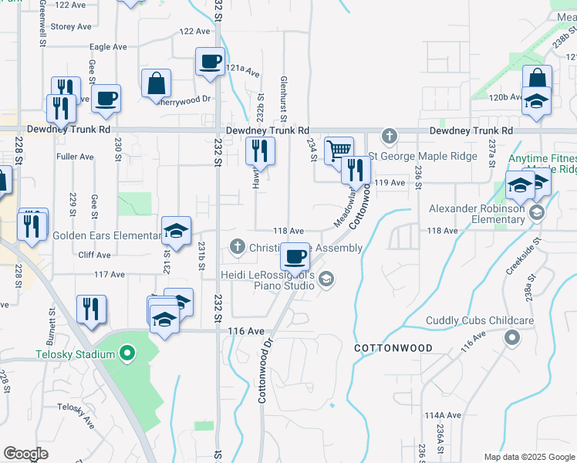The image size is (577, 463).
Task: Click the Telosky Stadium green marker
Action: tap(129, 355)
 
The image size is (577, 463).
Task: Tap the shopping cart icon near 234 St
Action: tap(339, 150)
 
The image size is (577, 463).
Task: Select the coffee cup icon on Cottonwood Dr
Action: tap(295, 256)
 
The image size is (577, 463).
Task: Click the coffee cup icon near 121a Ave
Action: tap(209, 61)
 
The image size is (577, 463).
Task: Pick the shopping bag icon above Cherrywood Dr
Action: tap(156, 83)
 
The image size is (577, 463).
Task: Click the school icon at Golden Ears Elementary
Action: tap(176, 230)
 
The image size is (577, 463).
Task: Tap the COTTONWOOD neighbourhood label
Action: tap(393, 349)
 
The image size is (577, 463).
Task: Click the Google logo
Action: tap(26, 454)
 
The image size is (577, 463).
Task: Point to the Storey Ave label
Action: tap(71, 26)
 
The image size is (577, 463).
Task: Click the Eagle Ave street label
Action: tap(108, 47)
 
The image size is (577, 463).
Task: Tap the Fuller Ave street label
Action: tap(75, 157)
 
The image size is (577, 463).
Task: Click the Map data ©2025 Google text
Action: tap(529, 457)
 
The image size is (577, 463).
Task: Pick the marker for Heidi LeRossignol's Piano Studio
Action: tap(326, 279)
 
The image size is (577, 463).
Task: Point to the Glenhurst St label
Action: tap(284, 98)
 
